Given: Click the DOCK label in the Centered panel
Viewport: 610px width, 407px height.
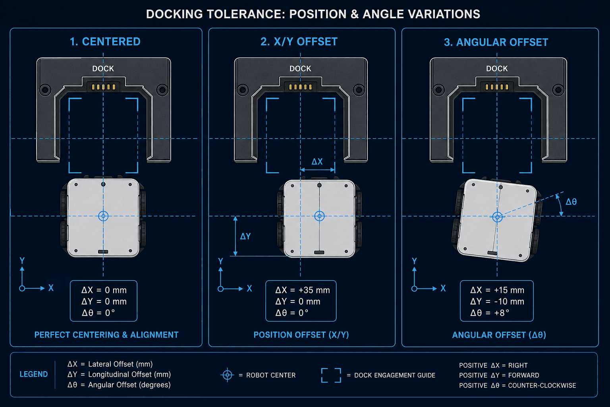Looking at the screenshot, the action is (103, 68).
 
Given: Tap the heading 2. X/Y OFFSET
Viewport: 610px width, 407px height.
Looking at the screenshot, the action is (299, 42).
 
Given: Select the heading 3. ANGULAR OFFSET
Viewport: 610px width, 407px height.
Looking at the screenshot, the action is (496, 42).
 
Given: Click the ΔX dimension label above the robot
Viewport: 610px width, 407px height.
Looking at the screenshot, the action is (317, 162).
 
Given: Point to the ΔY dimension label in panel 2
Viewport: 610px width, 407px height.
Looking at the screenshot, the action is (245, 236).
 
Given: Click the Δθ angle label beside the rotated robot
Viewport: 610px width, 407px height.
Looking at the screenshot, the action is (571, 202).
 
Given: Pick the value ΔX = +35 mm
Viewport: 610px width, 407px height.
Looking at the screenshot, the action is (303, 290).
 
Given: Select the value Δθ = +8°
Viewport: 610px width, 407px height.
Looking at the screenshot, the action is (490, 313).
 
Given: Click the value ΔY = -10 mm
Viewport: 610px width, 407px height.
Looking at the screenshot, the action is (497, 302).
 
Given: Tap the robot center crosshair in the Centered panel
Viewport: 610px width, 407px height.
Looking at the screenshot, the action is (103, 216).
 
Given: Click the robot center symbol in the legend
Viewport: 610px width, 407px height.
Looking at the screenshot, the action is (228, 375).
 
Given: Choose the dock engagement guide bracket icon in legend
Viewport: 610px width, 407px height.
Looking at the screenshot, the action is (331, 375).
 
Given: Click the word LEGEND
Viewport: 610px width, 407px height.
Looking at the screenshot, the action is (34, 374).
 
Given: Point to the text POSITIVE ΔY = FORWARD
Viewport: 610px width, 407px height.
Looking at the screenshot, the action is (499, 375).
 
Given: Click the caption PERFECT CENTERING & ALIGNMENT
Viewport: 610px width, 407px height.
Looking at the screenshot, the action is (106, 335).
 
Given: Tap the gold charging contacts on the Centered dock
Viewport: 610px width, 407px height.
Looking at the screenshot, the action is (104, 87).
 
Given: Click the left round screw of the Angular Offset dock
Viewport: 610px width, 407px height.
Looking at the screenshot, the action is (438, 90).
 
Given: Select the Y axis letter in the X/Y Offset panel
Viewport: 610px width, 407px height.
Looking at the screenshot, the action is (220, 261).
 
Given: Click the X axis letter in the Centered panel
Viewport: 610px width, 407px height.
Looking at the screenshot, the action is (51, 288).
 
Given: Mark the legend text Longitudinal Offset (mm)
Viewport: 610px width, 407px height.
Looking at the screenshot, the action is (129, 374).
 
